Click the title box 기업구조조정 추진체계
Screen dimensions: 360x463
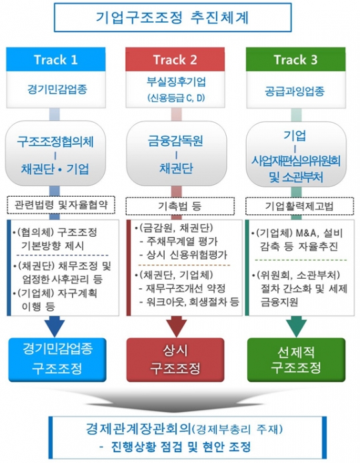point(173,17)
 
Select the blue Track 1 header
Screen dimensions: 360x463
point(56,59)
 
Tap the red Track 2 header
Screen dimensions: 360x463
point(175,59)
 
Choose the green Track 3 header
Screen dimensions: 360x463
point(296,59)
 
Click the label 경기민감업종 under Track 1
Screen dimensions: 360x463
point(57,89)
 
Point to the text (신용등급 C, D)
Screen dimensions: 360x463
point(176,98)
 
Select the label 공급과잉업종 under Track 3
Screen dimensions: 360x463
point(295,91)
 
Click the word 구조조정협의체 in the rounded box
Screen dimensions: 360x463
point(55,141)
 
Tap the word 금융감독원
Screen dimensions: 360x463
point(175,141)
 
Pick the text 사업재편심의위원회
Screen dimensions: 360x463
point(296,161)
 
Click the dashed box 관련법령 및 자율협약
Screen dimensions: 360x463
point(61,205)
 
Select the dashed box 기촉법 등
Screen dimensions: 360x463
point(180,205)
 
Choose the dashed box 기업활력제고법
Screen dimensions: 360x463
point(299,205)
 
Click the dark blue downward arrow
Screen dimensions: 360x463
point(55,326)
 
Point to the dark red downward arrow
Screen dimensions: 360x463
point(177,326)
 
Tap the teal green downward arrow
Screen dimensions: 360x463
point(296,326)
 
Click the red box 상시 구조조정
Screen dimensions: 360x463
point(175,360)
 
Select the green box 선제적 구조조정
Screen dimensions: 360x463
point(296,360)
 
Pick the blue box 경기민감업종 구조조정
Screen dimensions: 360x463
point(57,360)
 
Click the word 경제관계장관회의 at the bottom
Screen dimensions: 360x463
point(138,428)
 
